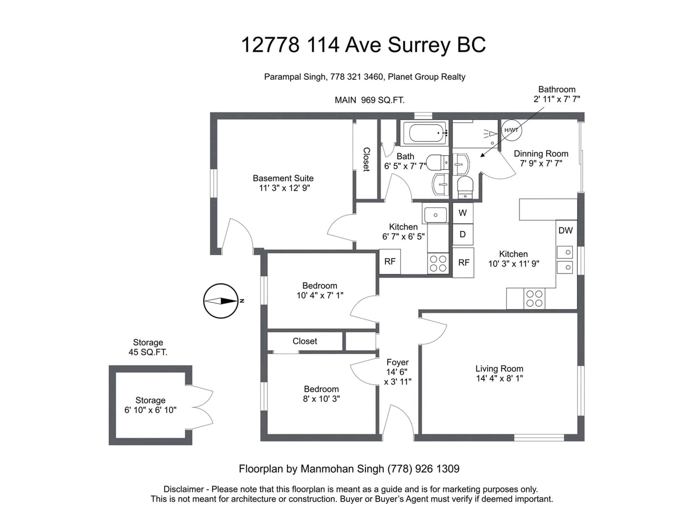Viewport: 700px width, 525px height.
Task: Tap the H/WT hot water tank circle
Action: click(x=511, y=130)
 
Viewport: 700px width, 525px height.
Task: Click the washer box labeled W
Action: click(x=463, y=213)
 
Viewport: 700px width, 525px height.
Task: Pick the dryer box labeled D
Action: click(x=463, y=234)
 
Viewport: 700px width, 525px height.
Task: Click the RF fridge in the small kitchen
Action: click(x=390, y=262)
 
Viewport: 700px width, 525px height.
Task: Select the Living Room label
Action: click(x=499, y=369)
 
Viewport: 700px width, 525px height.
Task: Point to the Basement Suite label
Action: click(x=283, y=178)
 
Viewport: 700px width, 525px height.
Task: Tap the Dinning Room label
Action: click(x=541, y=154)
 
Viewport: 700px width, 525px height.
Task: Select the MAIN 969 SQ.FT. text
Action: click(x=370, y=100)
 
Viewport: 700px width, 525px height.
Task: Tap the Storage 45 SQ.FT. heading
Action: click(x=148, y=347)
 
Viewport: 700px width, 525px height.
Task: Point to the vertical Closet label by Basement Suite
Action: click(x=366, y=160)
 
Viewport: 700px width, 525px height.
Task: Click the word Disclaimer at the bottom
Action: click(x=184, y=489)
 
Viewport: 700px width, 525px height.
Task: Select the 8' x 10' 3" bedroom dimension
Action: click(x=321, y=399)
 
